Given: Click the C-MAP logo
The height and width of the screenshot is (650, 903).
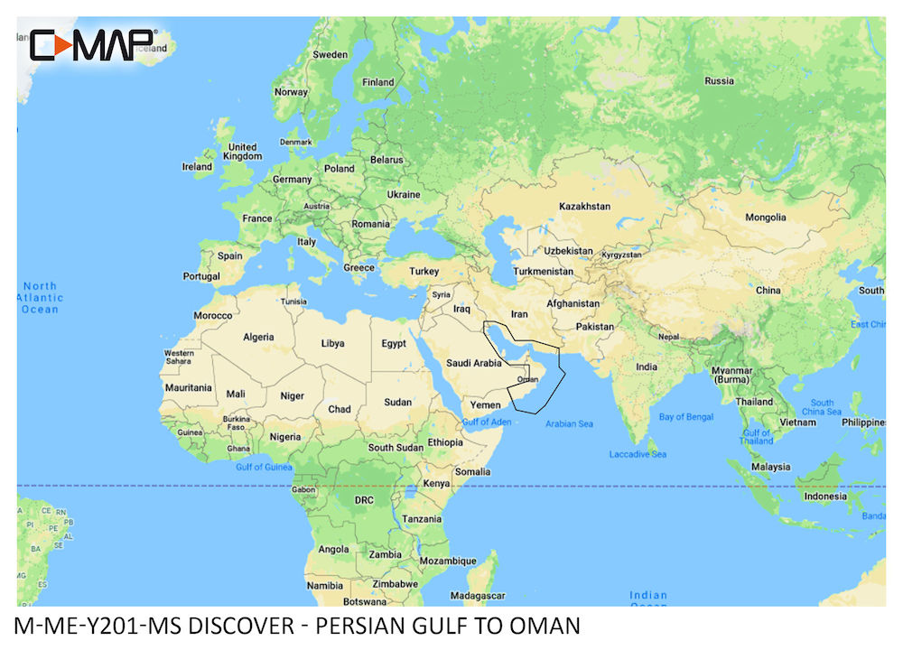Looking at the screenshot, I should (94, 45).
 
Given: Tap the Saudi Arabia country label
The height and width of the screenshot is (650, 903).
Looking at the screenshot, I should (474, 363).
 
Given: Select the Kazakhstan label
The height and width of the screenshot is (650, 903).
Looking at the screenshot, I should (584, 207).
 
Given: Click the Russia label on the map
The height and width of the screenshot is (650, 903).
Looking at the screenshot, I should (719, 80).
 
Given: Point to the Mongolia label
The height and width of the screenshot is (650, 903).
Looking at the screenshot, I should (764, 218).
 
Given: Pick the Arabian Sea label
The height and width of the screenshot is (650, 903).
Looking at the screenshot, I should (569, 423).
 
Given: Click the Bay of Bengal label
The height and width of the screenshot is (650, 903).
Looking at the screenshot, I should (685, 417).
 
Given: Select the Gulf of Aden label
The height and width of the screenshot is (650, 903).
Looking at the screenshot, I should (487, 422).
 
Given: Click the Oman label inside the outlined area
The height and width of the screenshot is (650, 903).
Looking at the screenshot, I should (528, 380).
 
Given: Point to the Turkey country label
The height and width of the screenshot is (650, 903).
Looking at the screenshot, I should (424, 271).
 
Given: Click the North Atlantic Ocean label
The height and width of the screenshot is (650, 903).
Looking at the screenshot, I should (40, 298).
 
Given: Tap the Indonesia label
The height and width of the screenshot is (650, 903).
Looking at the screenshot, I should (825, 496).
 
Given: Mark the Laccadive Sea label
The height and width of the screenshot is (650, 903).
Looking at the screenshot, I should (638, 453).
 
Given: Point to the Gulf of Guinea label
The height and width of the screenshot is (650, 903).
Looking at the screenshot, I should (263, 467).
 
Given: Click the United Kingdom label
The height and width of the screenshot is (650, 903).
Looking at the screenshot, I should (242, 152).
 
